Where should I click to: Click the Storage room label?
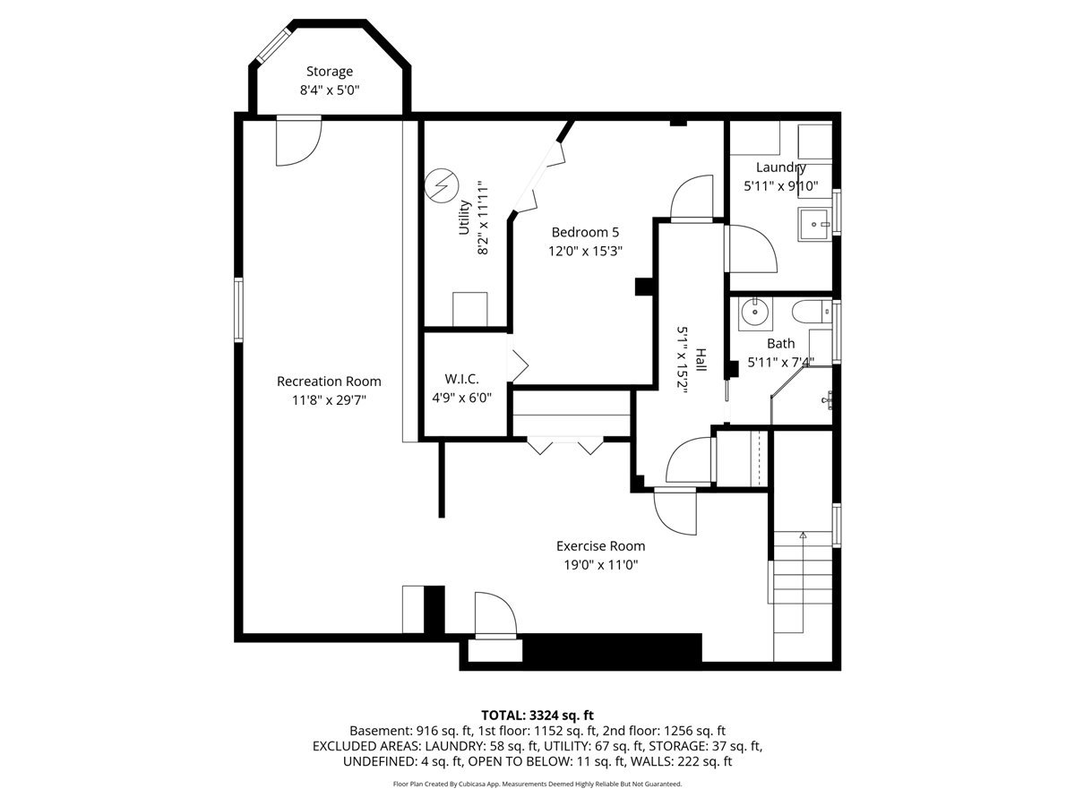tap(329, 72)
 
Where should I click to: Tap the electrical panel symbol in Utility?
tap(442, 186)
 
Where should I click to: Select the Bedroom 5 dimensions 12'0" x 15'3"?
tap(585, 251)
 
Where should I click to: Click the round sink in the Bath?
tap(754, 312)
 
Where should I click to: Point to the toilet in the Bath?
tap(812, 312)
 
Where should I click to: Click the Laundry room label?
tap(780, 167)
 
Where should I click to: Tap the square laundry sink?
tap(814, 224)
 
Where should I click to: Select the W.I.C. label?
tap(461, 379)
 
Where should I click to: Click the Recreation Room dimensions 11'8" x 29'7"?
tap(329, 400)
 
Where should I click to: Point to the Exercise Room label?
tap(600, 546)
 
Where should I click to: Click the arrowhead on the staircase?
tap(803, 535)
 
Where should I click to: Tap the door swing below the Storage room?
tap(298, 141)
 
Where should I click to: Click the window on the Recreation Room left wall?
tap(238, 309)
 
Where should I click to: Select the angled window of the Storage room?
tap(275, 45)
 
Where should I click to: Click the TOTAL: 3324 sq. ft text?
tap(537, 716)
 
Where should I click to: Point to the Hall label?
tap(701, 360)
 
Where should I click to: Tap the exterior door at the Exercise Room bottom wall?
tap(495, 615)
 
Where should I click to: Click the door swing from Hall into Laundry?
tap(751, 249)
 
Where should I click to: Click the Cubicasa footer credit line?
tap(537, 784)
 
